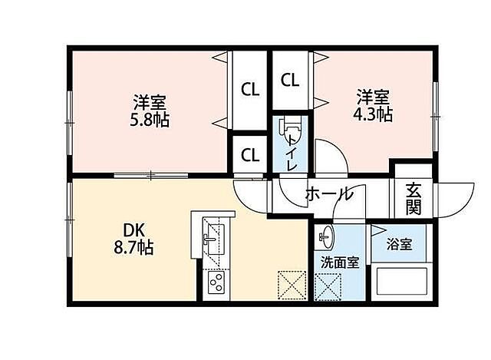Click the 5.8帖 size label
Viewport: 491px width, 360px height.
pos(150,121)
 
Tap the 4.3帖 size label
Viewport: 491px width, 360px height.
pos(374,114)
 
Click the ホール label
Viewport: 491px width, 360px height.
pos(329,193)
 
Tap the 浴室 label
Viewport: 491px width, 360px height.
pos(399,245)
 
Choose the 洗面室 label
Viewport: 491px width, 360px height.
pos(339,262)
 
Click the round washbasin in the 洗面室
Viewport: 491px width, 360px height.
pos(326,236)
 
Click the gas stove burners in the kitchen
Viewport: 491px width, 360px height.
pos(214,284)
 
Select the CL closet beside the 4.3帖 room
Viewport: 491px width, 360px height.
pos(289,79)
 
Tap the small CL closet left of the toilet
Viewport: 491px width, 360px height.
pos(250,154)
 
